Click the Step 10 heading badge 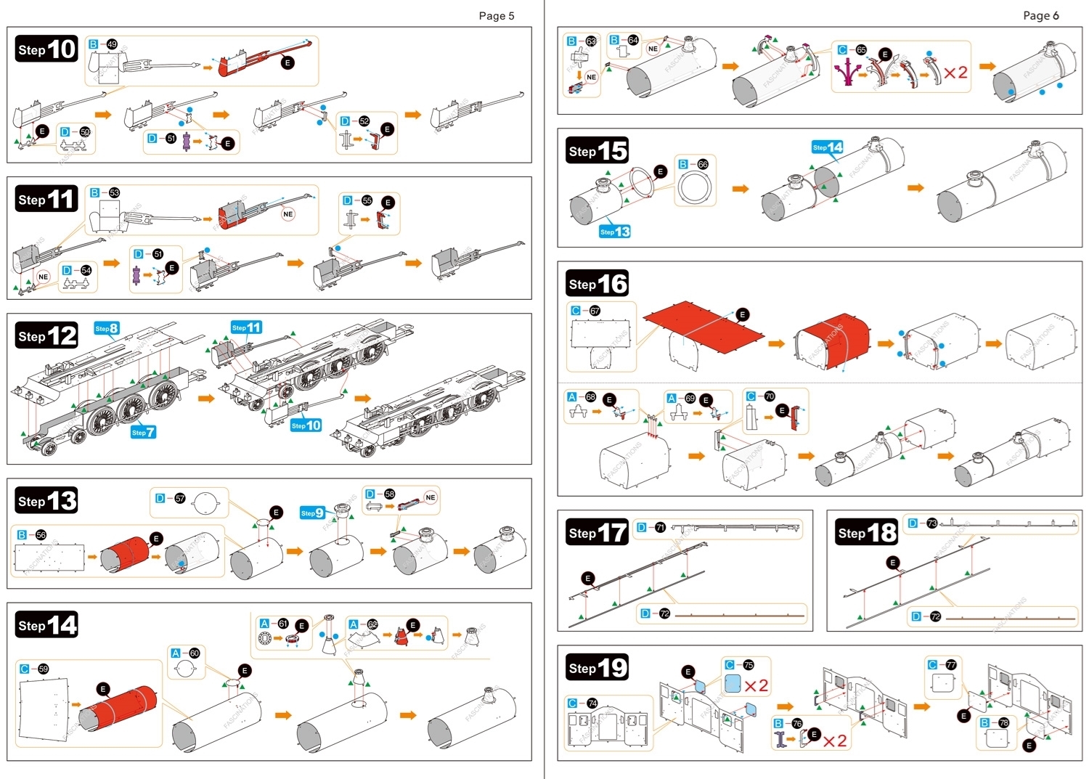pyautogui.click(x=46, y=49)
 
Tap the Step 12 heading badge pyautogui.click(x=46, y=335)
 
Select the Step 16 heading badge pyautogui.click(x=597, y=283)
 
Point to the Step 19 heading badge pyautogui.click(x=597, y=667)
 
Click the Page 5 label pyautogui.click(x=496, y=16)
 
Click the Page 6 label pyautogui.click(x=1040, y=16)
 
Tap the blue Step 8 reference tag pyautogui.click(x=107, y=328)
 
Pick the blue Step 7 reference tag pyautogui.click(x=143, y=432)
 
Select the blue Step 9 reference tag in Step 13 pyautogui.click(x=312, y=513)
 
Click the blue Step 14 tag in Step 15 pyautogui.click(x=827, y=147)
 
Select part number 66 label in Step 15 pyautogui.click(x=702, y=165)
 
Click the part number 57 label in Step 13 pyautogui.click(x=179, y=499)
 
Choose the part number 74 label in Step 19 pyautogui.click(x=592, y=703)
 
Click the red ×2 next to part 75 pyautogui.click(x=756, y=685)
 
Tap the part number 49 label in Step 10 pyautogui.click(x=112, y=44)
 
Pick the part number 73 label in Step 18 pyautogui.click(x=931, y=523)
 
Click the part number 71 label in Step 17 pyautogui.click(x=660, y=528)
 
